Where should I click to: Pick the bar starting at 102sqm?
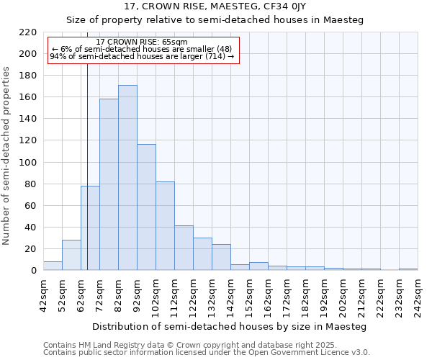[165, 226]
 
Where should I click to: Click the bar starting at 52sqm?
[71, 255]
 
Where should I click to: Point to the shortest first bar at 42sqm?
[53, 266]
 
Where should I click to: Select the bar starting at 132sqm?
[221, 257]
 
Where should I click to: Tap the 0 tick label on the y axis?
[33, 271]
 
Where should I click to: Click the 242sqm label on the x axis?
[418, 295]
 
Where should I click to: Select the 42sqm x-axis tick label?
[44, 295]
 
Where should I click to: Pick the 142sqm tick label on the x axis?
[231, 295]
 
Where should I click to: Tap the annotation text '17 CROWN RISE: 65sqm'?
[142, 42]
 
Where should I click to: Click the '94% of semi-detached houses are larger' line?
[142, 56]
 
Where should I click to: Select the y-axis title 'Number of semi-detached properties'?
[7, 156]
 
